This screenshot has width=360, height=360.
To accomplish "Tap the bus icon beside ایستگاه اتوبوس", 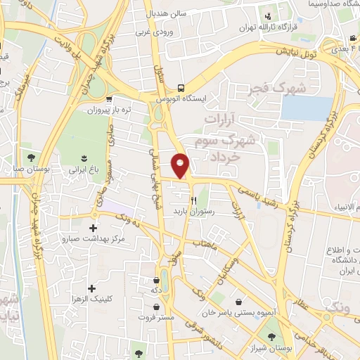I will point(181,88).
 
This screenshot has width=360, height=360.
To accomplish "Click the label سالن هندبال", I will point(165,13).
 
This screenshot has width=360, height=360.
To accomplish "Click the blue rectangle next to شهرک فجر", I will point(307,108).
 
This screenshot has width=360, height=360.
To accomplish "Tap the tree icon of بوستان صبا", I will point(30,156).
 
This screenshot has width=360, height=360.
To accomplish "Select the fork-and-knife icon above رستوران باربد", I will point(193,200).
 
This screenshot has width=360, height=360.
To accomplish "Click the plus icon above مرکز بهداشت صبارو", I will point(94,228).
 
